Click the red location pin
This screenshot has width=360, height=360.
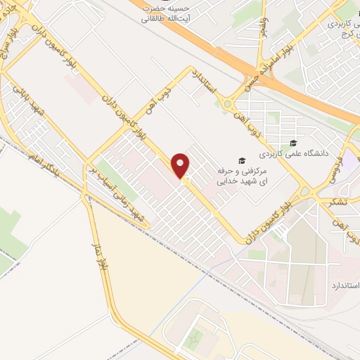coord(181,166)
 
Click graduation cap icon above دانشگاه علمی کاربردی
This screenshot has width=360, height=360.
coord(293,143)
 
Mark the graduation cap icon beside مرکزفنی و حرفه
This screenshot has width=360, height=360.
coord(242,160)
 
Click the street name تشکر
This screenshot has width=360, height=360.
coord(337,202)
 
